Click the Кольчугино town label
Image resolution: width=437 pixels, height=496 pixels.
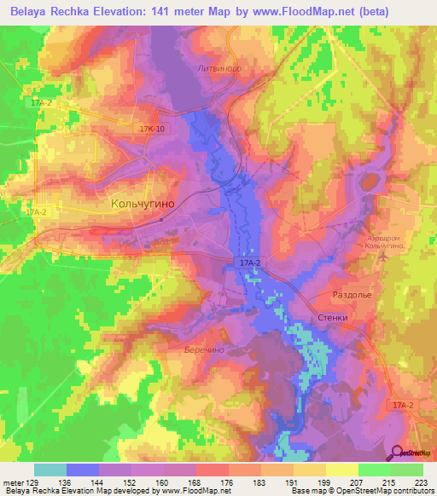click(x=143, y=205)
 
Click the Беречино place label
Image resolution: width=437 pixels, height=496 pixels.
click(x=203, y=349)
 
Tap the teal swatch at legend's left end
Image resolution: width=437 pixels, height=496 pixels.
click(x=50, y=470)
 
